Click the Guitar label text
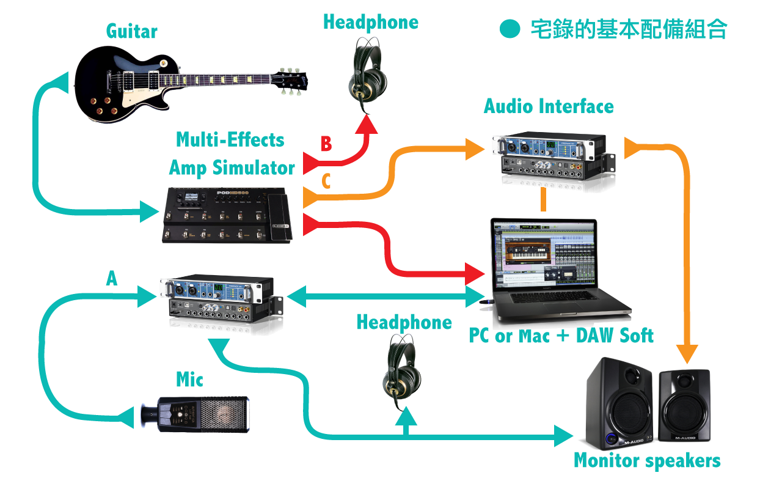pos(131,31)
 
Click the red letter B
pos(326,144)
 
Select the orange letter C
pos(326,182)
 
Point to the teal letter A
pos(112,279)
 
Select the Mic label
pos(189,380)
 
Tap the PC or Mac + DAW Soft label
pos(561,336)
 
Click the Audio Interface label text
pos(549,106)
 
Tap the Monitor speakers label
pos(647,460)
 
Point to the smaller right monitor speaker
pos(684,406)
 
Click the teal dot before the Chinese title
pos(510,29)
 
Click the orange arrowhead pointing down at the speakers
pos(689,354)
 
